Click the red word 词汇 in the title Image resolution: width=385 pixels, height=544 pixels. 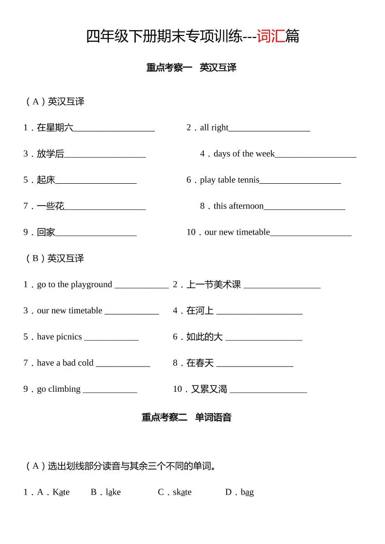tap(270, 36)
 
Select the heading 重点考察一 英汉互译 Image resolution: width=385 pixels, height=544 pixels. tap(191, 68)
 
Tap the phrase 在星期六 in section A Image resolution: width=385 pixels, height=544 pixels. tap(55, 128)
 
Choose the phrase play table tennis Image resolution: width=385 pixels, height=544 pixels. tap(230, 180)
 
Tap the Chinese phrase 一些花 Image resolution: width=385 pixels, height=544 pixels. tap(50, 206)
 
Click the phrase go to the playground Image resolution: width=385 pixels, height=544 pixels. tap(74, 285)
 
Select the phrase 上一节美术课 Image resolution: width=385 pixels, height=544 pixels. tap(214, 285)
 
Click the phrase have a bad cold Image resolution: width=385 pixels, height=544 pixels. tap(65, 363)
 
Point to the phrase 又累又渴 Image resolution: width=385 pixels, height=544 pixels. tap(209, 389)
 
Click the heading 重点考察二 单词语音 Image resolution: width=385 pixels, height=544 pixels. tap(186, 417)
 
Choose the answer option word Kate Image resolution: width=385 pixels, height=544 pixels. tap(61, 492)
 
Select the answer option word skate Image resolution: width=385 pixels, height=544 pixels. tap(182, 492)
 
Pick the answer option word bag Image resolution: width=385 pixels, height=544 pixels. tap(247, 492)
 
